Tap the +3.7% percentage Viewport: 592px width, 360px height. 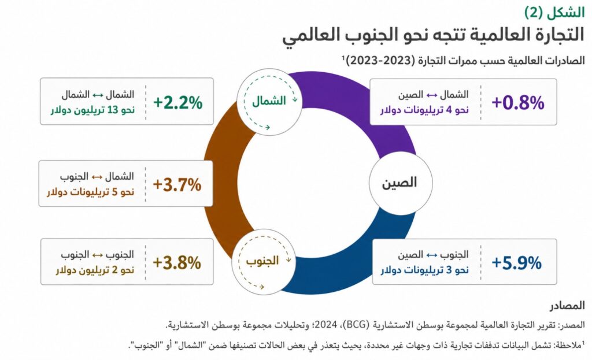coord(177,185)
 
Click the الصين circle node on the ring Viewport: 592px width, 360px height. coord(401,183)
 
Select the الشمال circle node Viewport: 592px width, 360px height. coord(269,102)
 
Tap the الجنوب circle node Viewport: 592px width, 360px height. coord(263,262)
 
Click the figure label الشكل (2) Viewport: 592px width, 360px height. coord(554,13)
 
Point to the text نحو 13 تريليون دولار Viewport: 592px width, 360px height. coord(93,110)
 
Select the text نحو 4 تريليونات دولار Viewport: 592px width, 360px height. coord(424,110)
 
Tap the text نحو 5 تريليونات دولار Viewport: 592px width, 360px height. coord(91,192)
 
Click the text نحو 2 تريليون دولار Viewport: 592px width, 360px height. coord(95,270)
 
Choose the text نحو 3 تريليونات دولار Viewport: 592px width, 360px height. coord(424,270)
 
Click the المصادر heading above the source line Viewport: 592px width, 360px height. coord(567,306)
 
